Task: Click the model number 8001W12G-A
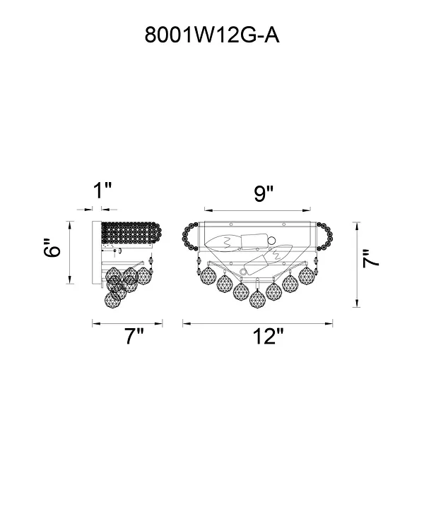[212, 35]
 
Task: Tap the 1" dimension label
[102, 191]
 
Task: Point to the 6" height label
[52, 247]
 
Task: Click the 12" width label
[269, 337]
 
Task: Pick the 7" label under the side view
[134, 337]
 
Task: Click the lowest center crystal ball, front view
[257, 298]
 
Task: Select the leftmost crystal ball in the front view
[208, 275]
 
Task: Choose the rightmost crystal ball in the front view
[307, 275]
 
